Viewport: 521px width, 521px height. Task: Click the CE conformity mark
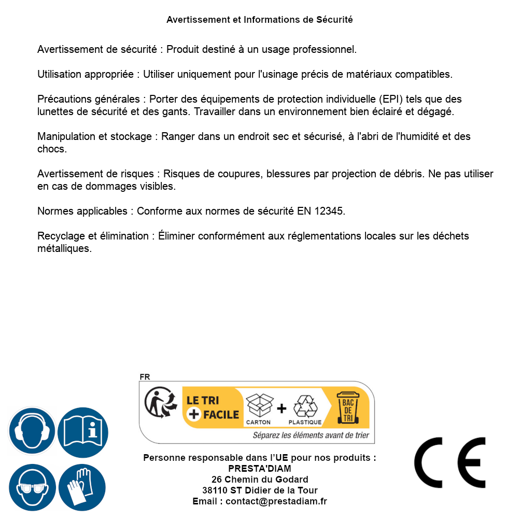click(x=450, y=462)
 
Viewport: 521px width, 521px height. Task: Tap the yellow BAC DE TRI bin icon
click(x=347, y=407)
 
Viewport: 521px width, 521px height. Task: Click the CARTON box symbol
click(x=259, y=405)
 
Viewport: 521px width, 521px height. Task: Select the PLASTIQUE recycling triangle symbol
click(x=305, y=406)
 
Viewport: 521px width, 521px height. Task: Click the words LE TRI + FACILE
click(x=213, y=407)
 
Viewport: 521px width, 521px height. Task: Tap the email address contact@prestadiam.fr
click(x=276, y=501)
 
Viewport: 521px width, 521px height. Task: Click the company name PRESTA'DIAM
click(x=260, y=469)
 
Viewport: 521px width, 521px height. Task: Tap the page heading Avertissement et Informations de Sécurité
click(x=260, y=20)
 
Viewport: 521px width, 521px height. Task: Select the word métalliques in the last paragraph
click(x=64, y=248)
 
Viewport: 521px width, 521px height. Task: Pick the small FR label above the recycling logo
click(x=145, y=377)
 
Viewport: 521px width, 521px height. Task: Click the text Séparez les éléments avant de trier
click(x=311, y=435)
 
